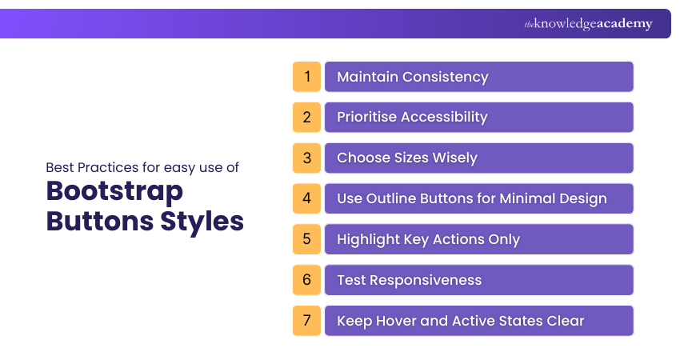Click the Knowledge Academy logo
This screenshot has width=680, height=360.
588,24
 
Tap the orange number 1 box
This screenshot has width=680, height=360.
306,77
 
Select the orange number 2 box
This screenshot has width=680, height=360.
306,117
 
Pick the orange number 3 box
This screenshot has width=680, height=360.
306,158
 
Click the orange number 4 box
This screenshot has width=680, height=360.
306,198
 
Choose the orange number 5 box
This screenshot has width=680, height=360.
306,239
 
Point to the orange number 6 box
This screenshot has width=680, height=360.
306,280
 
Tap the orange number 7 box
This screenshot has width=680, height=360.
306,321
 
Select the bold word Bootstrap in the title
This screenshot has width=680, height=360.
114,192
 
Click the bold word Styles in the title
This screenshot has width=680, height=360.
202,221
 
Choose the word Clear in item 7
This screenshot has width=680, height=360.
565,321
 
